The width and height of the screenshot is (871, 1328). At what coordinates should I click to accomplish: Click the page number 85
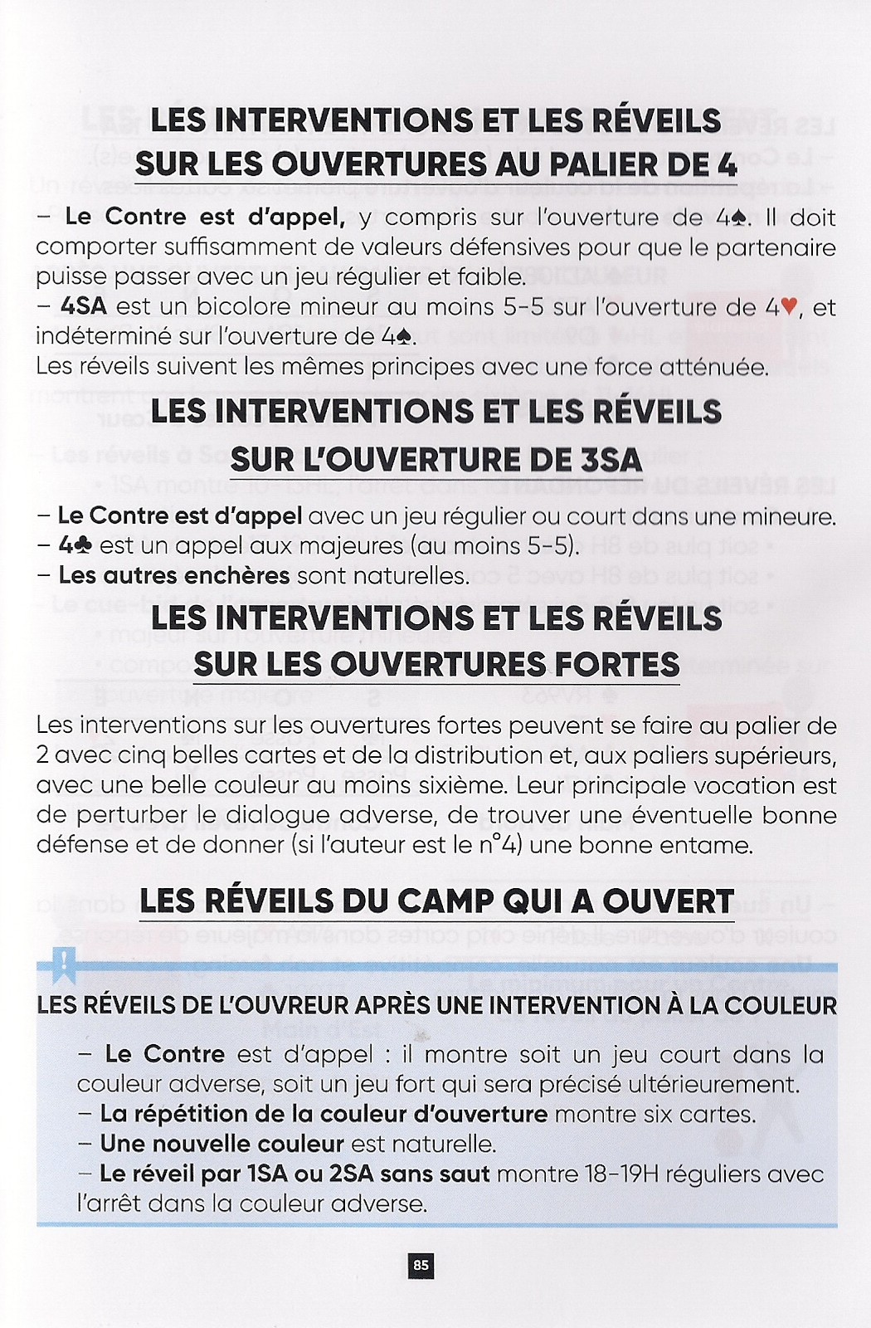coord(421,1265)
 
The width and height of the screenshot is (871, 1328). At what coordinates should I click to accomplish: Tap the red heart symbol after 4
coord(789,307)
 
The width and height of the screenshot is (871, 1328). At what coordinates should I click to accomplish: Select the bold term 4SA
coord(84,306)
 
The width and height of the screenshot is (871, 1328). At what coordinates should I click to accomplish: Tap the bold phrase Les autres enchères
coord(174,575)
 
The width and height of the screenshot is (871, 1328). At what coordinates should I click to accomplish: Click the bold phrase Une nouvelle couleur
coord(221,1144)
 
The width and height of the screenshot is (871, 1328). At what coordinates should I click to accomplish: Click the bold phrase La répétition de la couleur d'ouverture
coord(324,1114)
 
